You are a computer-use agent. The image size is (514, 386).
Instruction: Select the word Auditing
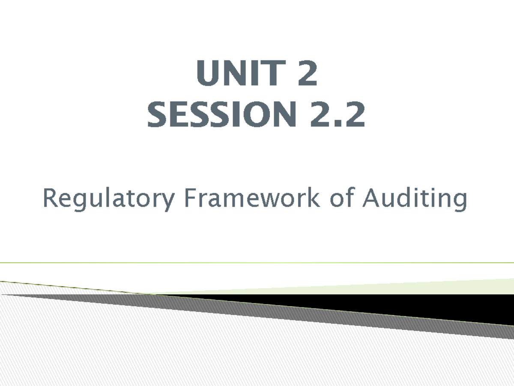tap(414, 199)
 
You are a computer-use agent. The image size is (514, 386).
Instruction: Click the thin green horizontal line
tap(257, 262)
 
